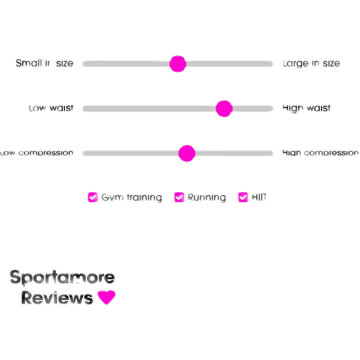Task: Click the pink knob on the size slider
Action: pyautogui.click(x=178, y=64)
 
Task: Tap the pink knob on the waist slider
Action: pyautogui.click(x=224, y=109)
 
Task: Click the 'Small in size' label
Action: pyautogui.click(x=45, y=63)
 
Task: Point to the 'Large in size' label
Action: pyautogui.click(x=312, y=63)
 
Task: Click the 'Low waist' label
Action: pyautogui.click(x=51, y=108)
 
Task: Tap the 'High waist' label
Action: pyautogui.click(x=307, y=108)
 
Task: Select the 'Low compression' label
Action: pyautogui.click(x=37, y=153)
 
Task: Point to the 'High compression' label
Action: pyautogui.click(x=320, y=153)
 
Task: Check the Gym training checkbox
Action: pyautogui.click(x=92, y=197)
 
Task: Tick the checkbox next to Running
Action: pyautogui.click(x=179, y=197)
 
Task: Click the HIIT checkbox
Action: pyautogui.click(x=243, y=197)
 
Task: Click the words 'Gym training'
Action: pyautogui.click(x=132, y=198)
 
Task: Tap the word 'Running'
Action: pyautogui.click(x=207, y=198)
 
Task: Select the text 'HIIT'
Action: pyautogui.click(x=259, y=197)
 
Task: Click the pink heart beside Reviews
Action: pyautogui.click(x=106, y=297)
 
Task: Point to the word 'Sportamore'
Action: pyautogui.click(x=62, y=278)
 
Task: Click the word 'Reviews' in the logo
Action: pyautogui.click(x=57, y=298)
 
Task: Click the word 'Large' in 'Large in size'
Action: pyautogui.click(x=296, y=63)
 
